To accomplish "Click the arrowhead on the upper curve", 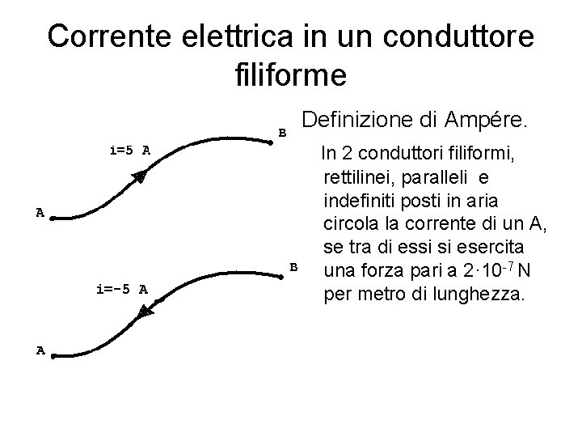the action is tap(139, 177).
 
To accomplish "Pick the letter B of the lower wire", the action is tap(294, 266).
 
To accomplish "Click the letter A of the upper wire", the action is tap(39, 213).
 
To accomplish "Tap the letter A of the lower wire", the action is tap(40, 350).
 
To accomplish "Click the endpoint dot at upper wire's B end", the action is tap(272, 142).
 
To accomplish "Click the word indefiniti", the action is tap(360, 198).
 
